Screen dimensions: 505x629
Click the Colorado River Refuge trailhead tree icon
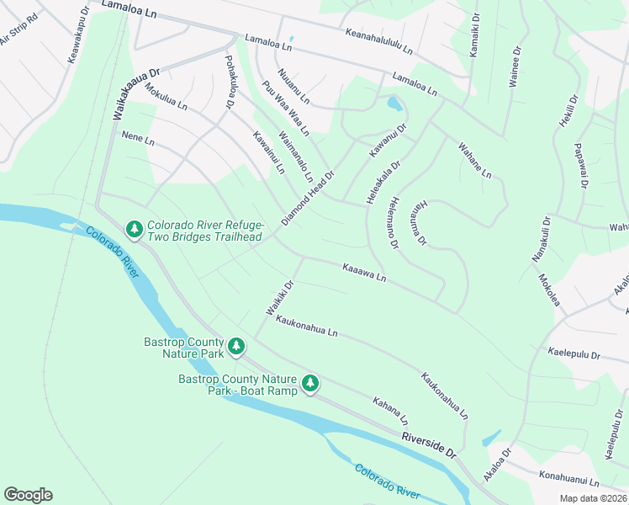tap(134, 229)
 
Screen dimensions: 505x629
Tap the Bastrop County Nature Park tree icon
tap(236, 346)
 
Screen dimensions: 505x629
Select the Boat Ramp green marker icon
tap(311, 384)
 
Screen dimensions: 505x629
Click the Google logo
tap(28, 495)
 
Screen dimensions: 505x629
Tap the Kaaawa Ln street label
tap(364, 272)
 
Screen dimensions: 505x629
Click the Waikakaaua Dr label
tap(136, 94)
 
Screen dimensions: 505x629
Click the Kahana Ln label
tap(391, 411)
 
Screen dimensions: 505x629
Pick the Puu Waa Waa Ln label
tap(285, 108)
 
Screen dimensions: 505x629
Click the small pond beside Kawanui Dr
tap(394, 104)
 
